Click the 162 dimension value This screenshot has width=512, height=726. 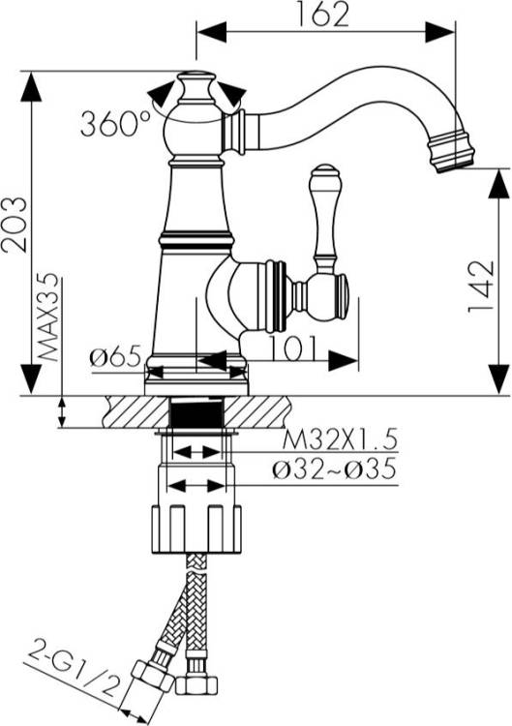(x=321, y=14)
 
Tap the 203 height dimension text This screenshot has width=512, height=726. (x=14, y=225)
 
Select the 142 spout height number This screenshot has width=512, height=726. (x=482, y=287)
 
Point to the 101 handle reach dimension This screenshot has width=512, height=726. (x=294, y=348)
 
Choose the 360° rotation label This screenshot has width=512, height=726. (x=115, y=123)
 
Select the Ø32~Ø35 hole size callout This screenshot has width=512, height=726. (x=335, y=469)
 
